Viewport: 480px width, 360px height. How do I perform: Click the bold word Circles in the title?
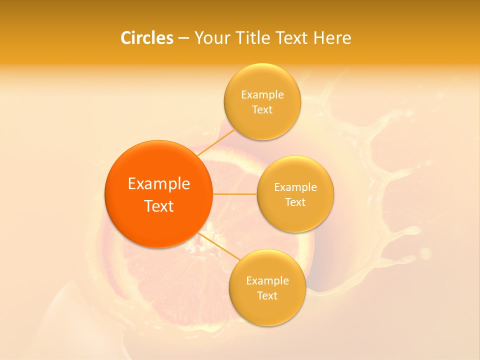(147, 38)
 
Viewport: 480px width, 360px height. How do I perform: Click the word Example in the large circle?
(159, 184)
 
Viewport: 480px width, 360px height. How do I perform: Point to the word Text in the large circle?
(159, 206)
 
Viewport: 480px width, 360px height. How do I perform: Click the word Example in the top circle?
(262, 95)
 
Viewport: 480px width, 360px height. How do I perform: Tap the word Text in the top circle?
(262, 110)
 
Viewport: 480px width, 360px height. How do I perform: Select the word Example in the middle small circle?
(295, 187)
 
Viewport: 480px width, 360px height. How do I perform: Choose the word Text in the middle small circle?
(295, 202)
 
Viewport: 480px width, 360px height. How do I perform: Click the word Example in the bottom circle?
(267, 281)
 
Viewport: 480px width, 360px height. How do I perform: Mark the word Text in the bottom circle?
(267, 296)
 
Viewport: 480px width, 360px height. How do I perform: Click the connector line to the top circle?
(216, 141)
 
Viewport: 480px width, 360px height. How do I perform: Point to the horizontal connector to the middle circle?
(235, 194)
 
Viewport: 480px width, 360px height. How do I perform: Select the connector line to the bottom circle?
(219, 246)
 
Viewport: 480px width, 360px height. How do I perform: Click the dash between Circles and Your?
(183, 38)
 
